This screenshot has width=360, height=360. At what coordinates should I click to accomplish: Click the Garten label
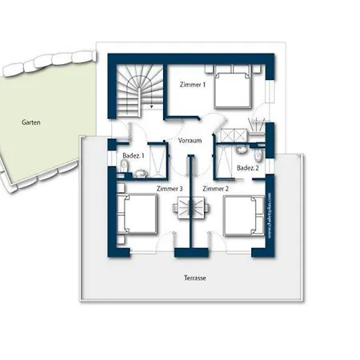pyautogui.click(x=32, y=122)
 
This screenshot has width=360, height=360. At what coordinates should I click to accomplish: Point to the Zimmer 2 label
pyautogui.click(x=215, y=188)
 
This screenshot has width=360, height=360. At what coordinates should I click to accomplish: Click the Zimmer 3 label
pyautogui.click(x=170, y=188)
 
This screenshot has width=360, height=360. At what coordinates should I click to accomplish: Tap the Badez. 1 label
pyautogui.click(x=133, y=155)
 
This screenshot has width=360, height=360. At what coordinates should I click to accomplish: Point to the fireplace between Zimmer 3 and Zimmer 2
pyautogui.click(x=193, y=210)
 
